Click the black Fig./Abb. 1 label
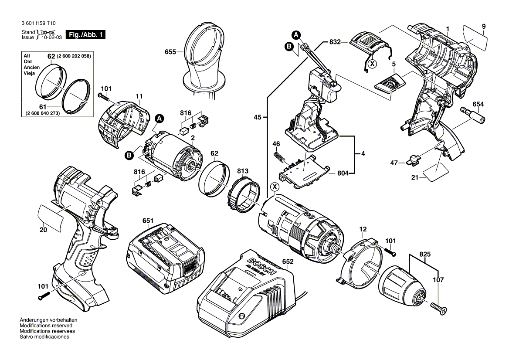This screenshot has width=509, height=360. click(x=85, y=35)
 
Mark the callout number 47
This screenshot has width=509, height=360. click(x=394, y=163)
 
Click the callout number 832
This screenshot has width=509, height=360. click(x=334, y=42)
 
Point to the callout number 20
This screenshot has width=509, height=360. click(x=43, y=231)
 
